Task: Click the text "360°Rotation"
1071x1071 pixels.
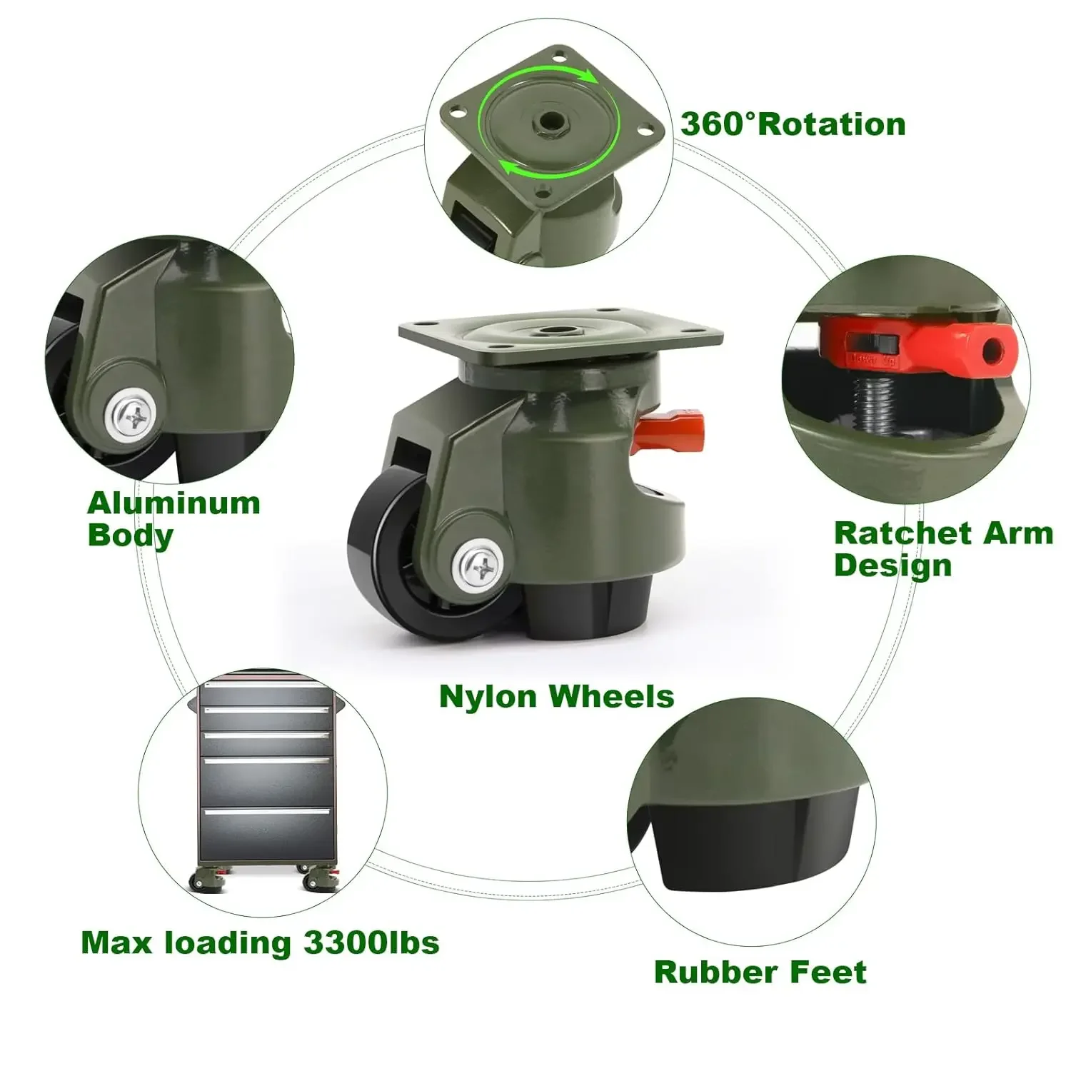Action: coord(793,124)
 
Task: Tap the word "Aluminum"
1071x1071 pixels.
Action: coord(174,503)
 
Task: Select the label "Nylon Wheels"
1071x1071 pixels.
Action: coord(556,696)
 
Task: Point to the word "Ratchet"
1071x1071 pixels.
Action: coord(892,533)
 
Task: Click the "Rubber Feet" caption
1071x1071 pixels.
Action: coord(760,972)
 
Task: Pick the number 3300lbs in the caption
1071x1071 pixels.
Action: coord(371,943)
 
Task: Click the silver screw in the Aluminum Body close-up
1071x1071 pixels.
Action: coord(134,413)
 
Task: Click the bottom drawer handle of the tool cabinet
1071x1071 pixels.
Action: coord(268,812)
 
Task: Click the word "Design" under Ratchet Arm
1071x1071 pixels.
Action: coord(892,565)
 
